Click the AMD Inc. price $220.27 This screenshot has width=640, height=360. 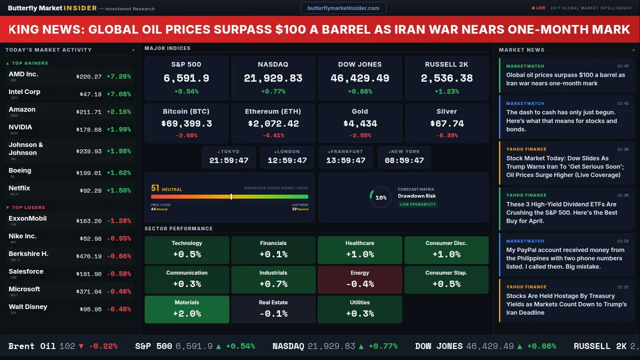coord(89,77)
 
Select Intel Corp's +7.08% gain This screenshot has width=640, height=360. coord(118,94)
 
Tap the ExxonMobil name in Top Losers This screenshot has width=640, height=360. coord(27,218)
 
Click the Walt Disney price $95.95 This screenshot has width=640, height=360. coord(90,309)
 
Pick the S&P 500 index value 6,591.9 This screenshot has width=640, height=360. coord(186,78)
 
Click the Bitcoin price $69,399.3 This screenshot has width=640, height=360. coord(186,123)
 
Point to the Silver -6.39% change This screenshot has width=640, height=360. coord(446,135)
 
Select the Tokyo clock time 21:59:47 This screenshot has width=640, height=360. coord(228,160)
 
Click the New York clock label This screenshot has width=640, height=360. coord(405,151)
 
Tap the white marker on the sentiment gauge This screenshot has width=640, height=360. coord(231,196)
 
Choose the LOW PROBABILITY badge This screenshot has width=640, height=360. coord(417,204)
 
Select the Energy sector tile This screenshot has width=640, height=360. coord(359,279)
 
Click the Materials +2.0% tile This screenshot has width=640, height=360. coord(186,309)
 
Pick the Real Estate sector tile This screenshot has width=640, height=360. coord(273,309)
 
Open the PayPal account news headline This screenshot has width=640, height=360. coord(565,258)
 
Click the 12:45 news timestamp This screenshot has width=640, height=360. coord(622,66)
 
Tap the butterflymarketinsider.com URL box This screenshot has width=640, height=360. coord(343,8)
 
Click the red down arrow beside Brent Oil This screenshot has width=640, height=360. coord(81,346)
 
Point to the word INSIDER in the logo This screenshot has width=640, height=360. coord(80,8)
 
